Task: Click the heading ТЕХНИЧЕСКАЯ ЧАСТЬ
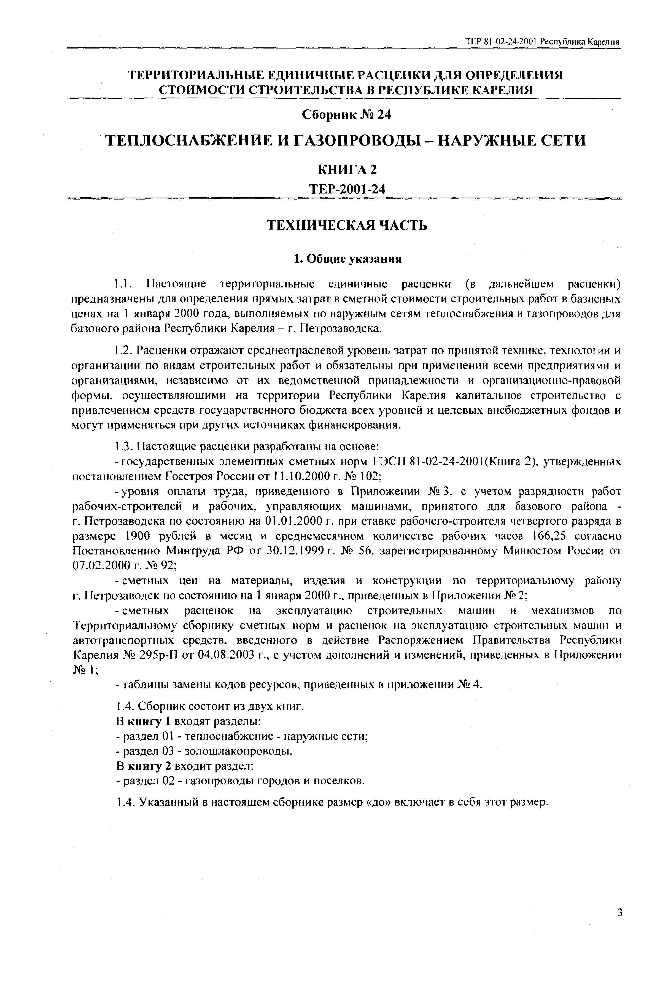point(347,225)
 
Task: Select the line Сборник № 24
point(346,115)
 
